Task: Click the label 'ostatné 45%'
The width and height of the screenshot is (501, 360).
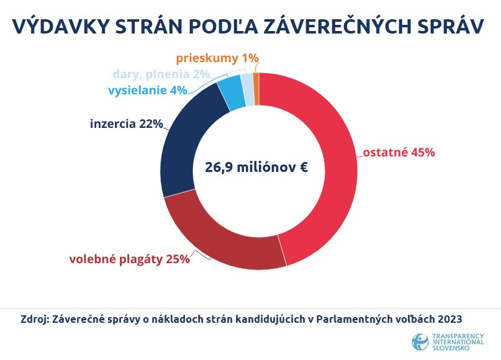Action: pyautogui.click(x=399, y=153)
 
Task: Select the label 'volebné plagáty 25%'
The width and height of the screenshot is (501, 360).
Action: pyautogui.click(x=129, y=259)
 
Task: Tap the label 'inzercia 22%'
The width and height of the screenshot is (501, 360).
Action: pyautogui.click(x=126, y=124)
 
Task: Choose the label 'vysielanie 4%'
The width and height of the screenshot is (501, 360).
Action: pyautogui.click(x=148, y=91)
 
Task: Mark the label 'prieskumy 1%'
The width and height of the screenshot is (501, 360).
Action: pyautogui.click(x=217, y=58)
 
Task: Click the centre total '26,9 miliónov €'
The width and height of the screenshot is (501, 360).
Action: pyautogui.click(x=257, y=167)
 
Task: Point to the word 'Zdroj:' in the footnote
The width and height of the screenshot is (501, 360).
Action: pyautogui.click(x=35, y=320)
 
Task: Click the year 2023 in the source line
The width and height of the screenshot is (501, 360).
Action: pyautogui.click(x=451, y=320)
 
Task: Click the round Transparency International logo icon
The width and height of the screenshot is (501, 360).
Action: pyautogui.click(x=420, y=342)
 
